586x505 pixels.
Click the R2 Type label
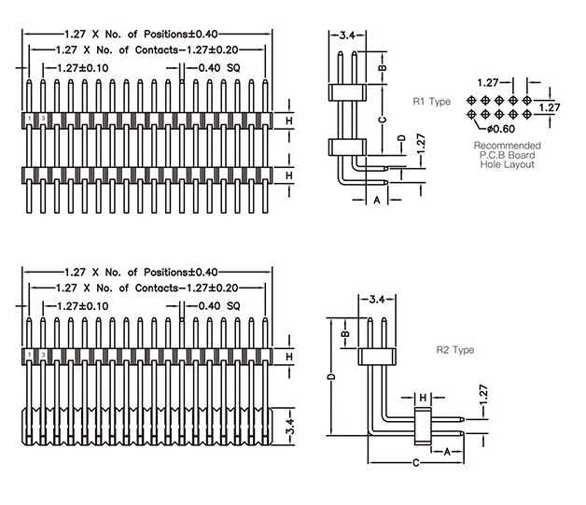tap(456, 350)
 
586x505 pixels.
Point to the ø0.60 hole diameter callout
tap(501, 128)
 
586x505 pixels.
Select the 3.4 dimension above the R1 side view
tap(347, 35)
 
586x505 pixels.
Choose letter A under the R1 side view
tap(378, 200)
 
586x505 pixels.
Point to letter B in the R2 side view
tap(344, 332)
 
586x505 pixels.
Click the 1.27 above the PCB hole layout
tap(487, 82)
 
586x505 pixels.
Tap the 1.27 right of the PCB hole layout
tap(551, 107)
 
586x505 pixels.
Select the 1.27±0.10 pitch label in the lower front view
tap(82, 305)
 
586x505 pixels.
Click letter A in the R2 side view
tap(446, 451)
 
